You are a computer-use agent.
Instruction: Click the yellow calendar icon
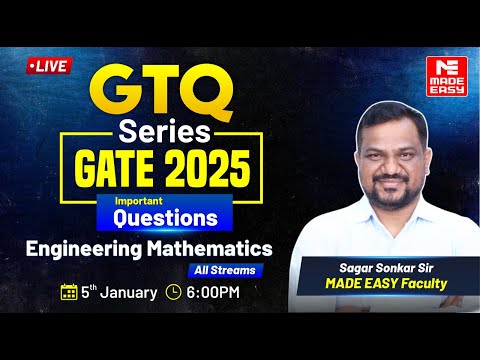[69, 292]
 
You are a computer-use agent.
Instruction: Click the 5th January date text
[118, 292]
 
